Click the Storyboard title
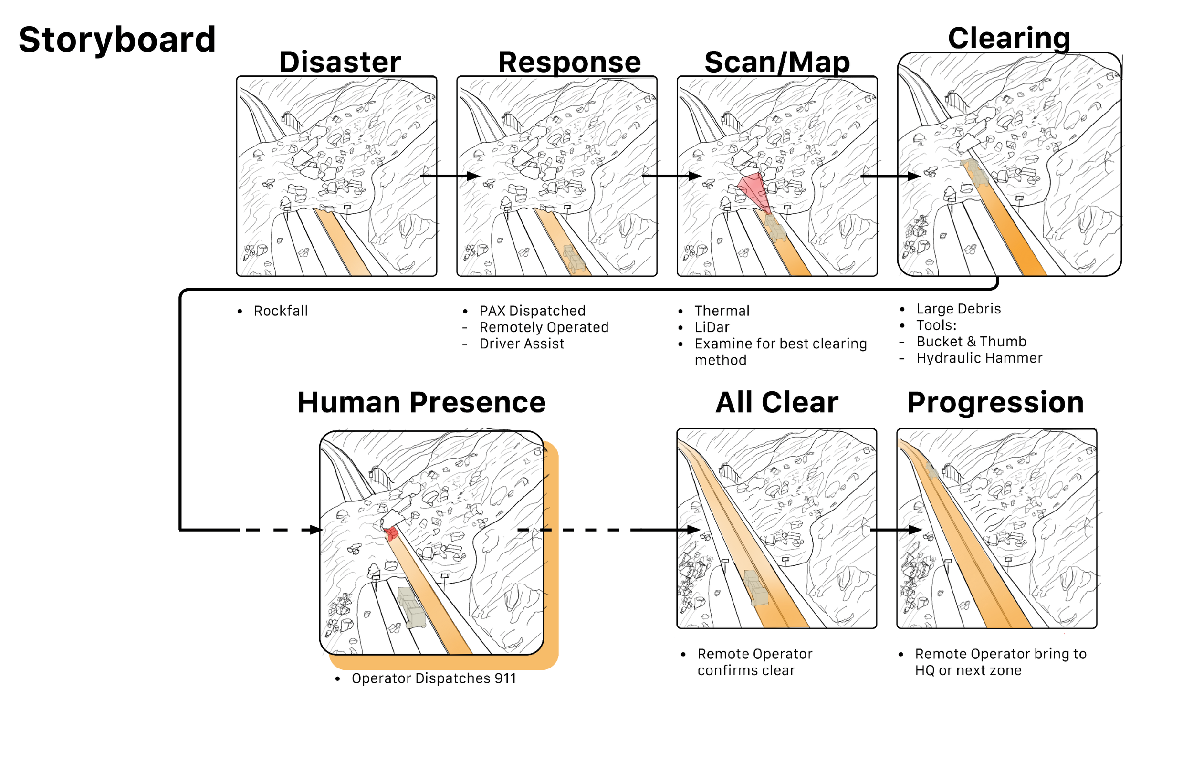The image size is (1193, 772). [117, 40]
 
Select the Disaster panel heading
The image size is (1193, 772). [340, 62]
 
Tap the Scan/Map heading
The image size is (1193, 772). [777, 62]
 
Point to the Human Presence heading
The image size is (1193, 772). [421, 403]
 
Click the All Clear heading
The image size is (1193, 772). [776, 403]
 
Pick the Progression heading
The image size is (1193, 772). [995, 403]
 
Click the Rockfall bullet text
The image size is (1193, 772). [281, 311]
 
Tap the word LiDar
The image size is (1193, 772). [712, 327]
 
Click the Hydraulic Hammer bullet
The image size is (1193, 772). [979, 358]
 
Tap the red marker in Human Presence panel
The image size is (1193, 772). [391, 533]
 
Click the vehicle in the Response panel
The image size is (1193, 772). [574, 259]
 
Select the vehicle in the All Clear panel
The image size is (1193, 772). [756, 587]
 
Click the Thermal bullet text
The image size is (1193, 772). [722, 311]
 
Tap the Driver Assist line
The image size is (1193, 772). [521, 344]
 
